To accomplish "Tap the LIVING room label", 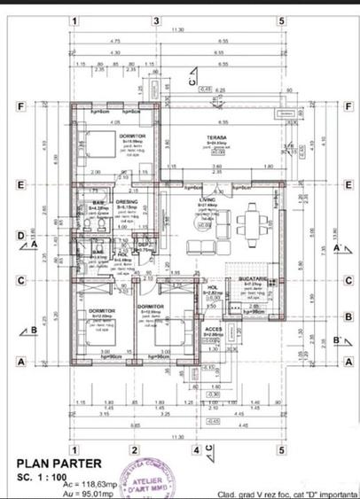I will pos(207,201).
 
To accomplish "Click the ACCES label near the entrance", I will pos(214,329).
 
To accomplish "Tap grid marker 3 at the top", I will pos(156,20).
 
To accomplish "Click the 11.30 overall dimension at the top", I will pos(178,29).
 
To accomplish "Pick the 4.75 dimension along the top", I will pos(115,41).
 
